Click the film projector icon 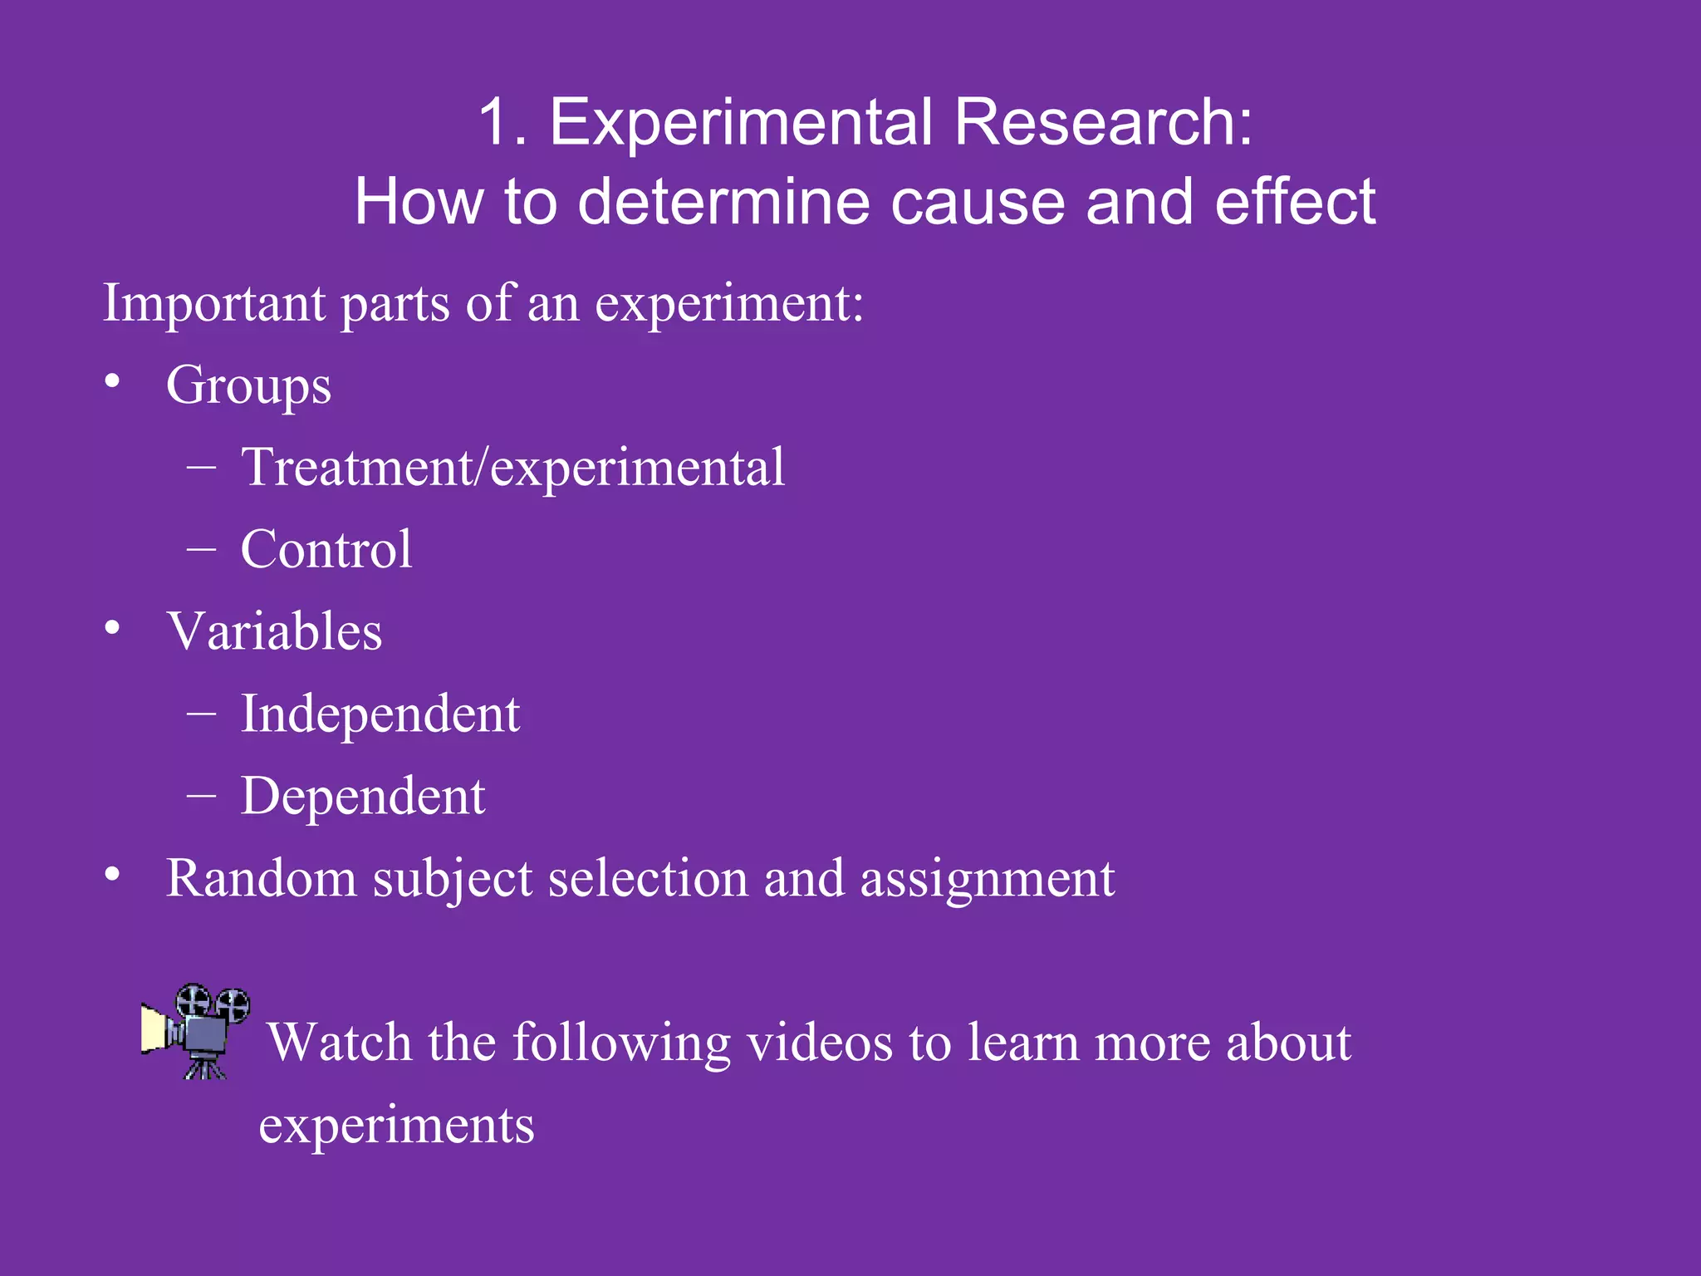tap(196, 1030)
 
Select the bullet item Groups tap(248, 385)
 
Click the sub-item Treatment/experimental tap(512, 467)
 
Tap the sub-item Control tap(326, 549)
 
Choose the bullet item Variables tap(274, 631)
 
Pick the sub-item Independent tap(380, 714)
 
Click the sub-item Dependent tap(363, 796)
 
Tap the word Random tap(261, 878)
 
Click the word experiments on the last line tap(396, 1126)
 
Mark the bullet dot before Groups tap(113, 382)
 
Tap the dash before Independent tap(202, 712)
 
